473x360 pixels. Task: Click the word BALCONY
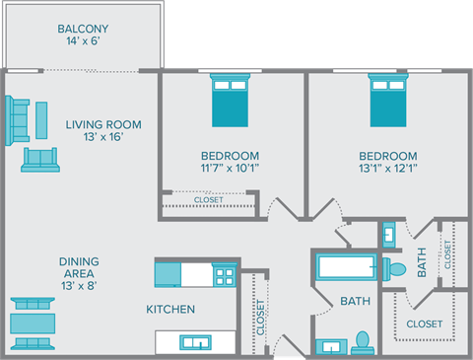pyautogui.click(x=83, y=29)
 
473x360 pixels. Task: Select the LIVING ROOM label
pyautogui.click(x=103, y=124)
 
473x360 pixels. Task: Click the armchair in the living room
pyautogui.click(x=40, y=159)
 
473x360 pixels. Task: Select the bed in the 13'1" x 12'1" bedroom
pyautogui.click(x=387, y=102)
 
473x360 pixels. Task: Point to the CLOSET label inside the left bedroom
pyautogui.click(x=208, y=200)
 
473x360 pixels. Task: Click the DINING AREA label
pyautogui.click(x=78, y=267)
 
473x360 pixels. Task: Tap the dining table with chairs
pyautogui.click(x=33, y=323)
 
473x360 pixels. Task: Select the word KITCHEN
pyautogui.click(x=170, y=310)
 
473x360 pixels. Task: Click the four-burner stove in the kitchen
pyautogui.click(x=225, y=273)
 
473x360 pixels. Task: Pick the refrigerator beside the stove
pyautogui.click(x=169, y=273)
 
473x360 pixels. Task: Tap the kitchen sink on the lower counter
pyautogui.click(x=193, y=341)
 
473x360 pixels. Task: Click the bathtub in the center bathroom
pyautogui.click(x=344, y=267)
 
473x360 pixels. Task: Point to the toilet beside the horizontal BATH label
pyautogui.click(x=362, y=340)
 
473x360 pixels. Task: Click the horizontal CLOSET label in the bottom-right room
pyautogui.click(x=424, y=323)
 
